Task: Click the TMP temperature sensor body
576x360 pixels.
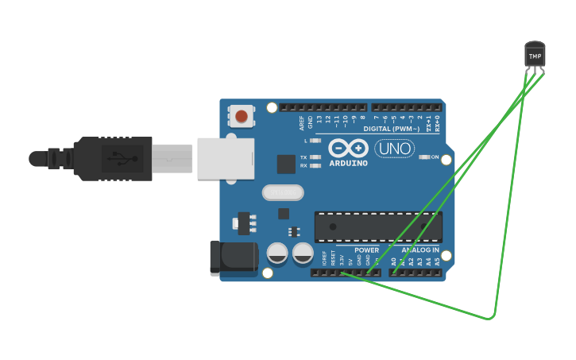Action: [x=535, y=55]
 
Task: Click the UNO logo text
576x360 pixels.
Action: [x=395, y=149]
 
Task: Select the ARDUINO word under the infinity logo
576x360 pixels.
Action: [x=349, y=163]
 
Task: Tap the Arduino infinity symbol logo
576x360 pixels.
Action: [x=348, y=149]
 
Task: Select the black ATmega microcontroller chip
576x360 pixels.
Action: [x=378, y=226]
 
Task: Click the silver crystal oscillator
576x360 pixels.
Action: [x=283, y=192]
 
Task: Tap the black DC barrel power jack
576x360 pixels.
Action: [x=233, y=258]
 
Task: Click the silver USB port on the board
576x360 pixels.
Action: [x=226, y=158]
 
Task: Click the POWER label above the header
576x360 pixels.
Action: [x=366, y=250]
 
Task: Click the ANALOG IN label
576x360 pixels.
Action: [x=414, y=250]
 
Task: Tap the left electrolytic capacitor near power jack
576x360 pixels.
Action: [x=277, y=254]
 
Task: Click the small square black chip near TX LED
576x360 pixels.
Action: [x=286, y=165]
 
